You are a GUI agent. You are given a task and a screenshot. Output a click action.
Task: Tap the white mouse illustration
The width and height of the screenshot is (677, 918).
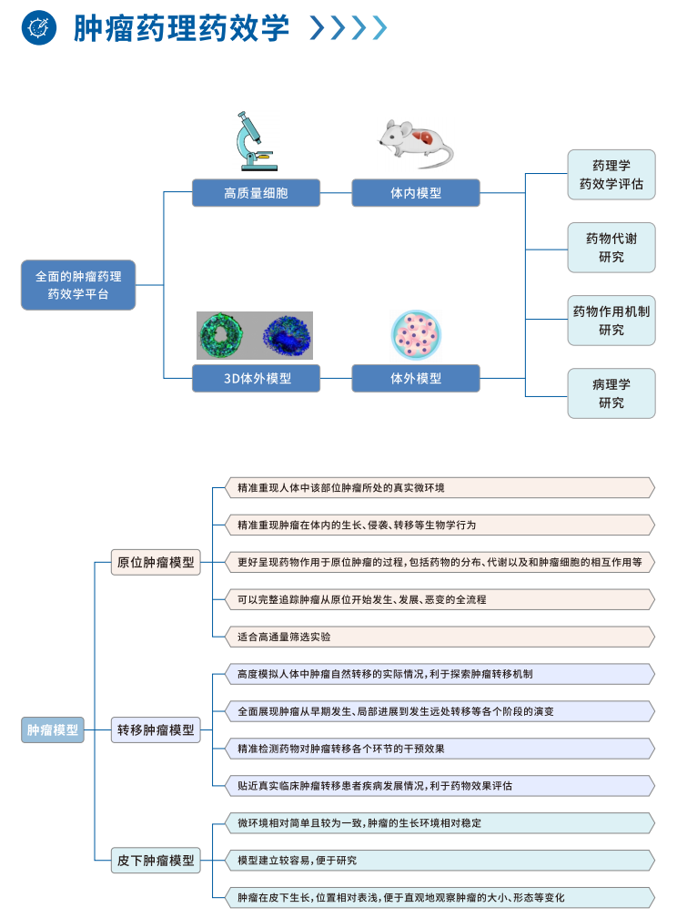click(x=415, y=142)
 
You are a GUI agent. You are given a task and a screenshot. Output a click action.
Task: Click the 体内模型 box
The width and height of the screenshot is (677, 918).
click(x=416, y=193)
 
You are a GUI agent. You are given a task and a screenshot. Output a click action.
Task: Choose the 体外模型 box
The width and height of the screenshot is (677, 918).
click(x=416, y=378)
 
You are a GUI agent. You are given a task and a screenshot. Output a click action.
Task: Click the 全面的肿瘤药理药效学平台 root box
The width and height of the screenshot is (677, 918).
click(x=78, y=284)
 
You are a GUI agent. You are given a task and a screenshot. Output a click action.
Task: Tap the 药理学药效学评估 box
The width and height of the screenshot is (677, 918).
click(x=611, y=175)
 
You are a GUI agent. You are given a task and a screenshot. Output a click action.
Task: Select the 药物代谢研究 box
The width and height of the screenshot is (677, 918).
click(x=611, y=248)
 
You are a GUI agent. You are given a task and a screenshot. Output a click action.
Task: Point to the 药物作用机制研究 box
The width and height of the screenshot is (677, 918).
click(x=611, y=321)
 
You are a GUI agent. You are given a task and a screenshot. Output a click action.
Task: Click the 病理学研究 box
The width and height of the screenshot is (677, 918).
click(x=611, y=393)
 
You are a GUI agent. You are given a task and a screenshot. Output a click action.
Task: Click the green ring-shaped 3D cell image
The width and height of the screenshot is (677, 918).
click(x=223, y=335)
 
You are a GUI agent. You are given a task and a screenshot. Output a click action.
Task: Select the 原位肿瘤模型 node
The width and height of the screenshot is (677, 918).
click(x=156, y=562)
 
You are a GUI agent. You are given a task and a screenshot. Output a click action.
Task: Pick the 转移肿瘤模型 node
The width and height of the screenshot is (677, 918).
click(x=156, y=729)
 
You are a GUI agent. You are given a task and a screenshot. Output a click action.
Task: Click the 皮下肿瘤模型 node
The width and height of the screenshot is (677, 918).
click(x=156, y=860)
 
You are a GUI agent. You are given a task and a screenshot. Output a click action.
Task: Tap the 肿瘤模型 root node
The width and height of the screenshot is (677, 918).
click(x=53, y=729)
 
